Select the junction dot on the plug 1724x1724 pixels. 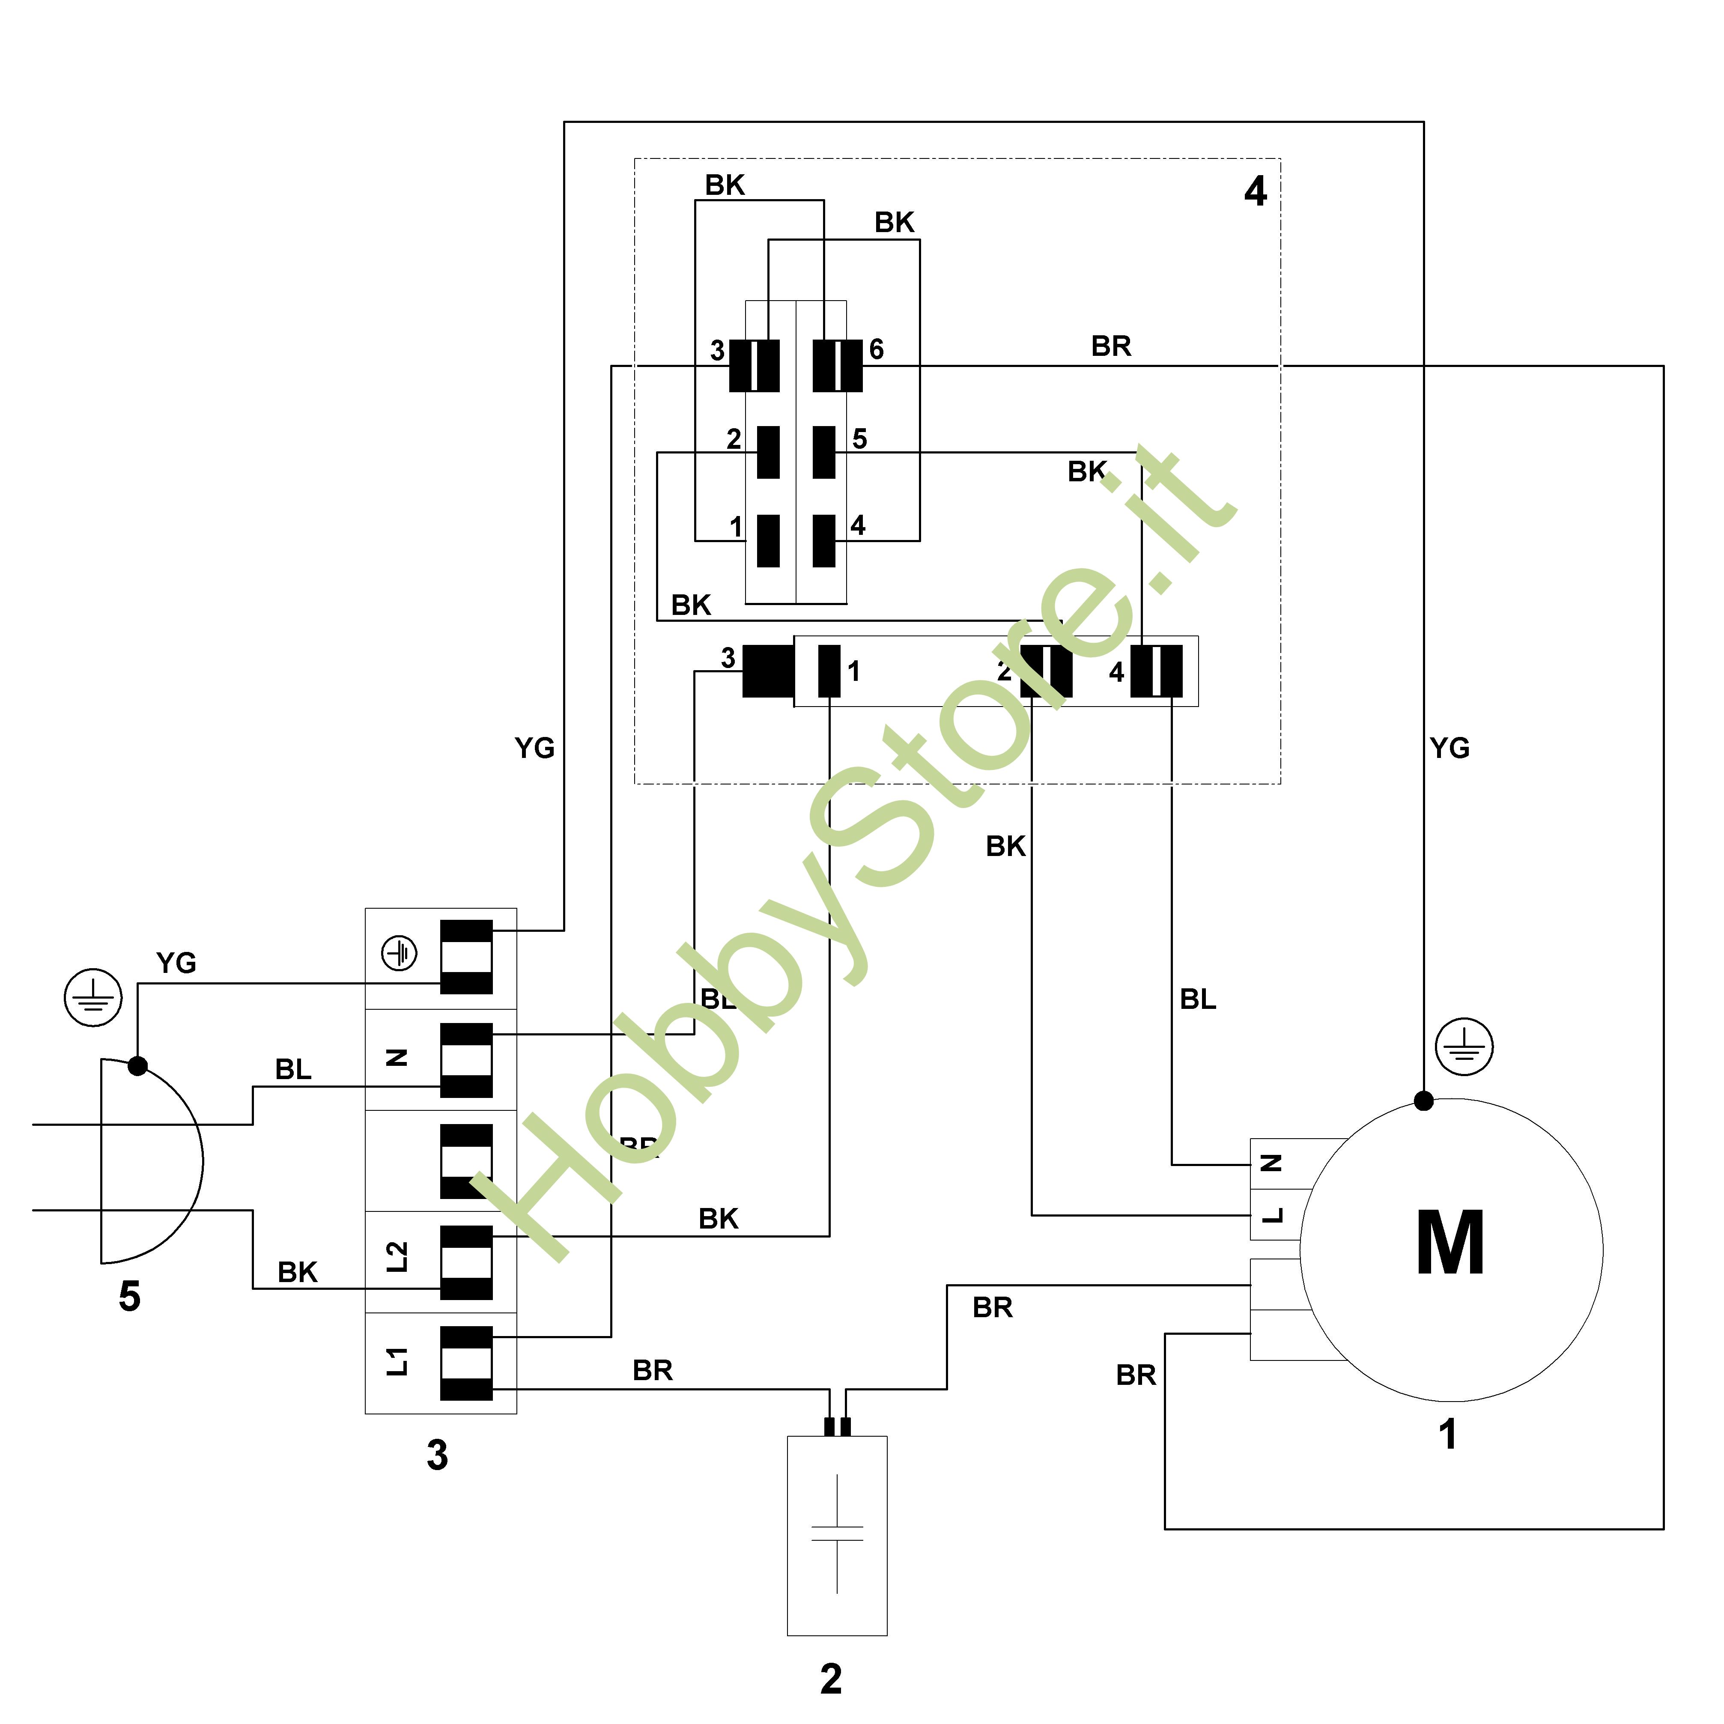(137, 1065)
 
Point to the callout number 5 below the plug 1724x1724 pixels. (129, 1296)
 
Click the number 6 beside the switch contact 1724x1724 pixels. (876, 350)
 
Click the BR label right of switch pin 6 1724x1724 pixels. (1111, 346)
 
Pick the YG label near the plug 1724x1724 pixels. (176, 963)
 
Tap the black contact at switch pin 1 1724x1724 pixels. (767, 541)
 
